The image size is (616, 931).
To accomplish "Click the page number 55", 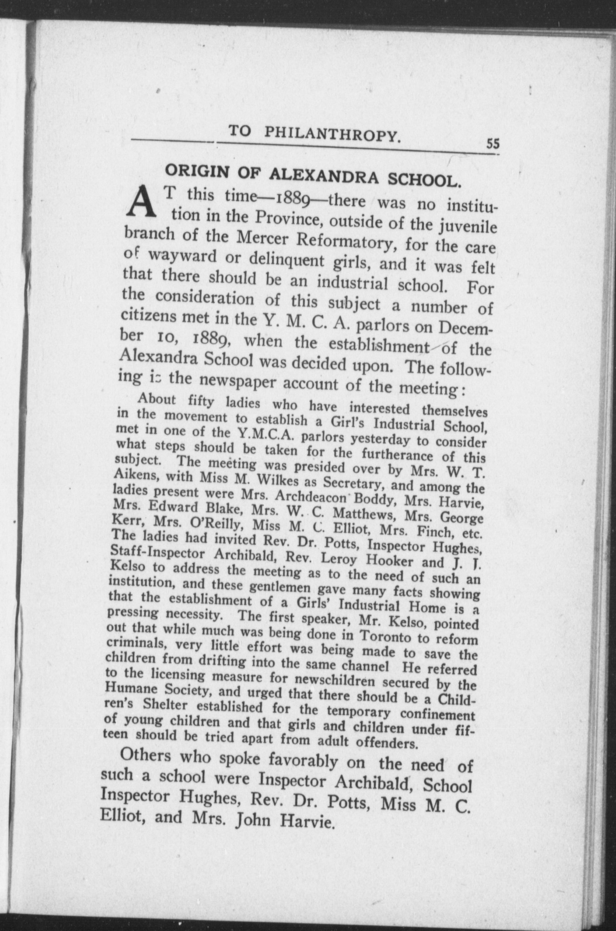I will click(x=493, y=144).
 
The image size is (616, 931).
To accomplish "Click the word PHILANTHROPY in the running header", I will click(x=332, y=134).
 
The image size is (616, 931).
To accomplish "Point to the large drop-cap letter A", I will click(x=143, y=203).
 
